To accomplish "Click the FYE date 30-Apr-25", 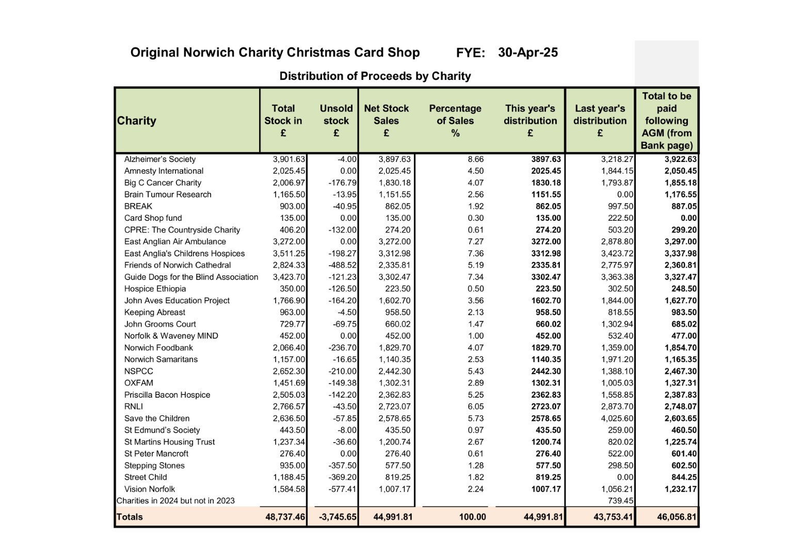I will pyautogui.click(x=527, y=53).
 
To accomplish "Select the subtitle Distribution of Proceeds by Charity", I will pyautogui.click(x=375, y=76).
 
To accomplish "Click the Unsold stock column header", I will pyautogui.click(x=336, y=121).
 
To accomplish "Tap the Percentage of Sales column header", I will pyautogui.click(x=455, y=121).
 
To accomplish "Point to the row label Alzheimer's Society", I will pyautogui.click(x=160, y=159).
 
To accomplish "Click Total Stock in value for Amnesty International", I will pyautogui.click(x=289, y=171).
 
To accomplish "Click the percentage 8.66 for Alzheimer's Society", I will pyautogui.click(x=475, y=159).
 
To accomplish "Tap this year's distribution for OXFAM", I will pyautogui.click(x=546, y=383).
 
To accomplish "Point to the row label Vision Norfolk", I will pyautogui.click(x=150, y=489).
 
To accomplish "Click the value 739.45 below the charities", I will pyautogui.click(x=620, y=501).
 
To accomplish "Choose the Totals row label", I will pyautogui.click(x=130, y=517).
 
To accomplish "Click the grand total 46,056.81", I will pyautogui.click(x=677, y=517).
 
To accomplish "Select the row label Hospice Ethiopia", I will pyautogui.click(x=155, y=289).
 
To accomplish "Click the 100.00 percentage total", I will pyautogui.click(x=472, y=517).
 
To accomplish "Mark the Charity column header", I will pyautogui.click(x=136, y=121).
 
